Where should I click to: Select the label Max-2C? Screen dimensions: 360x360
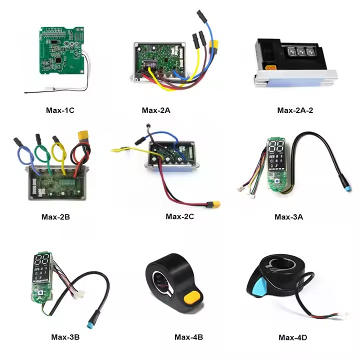coord(179,216)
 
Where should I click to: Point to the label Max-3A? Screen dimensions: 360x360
coord(289,217)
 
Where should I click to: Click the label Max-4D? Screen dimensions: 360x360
coord(293,337)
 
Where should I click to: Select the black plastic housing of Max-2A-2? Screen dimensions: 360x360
coord(270,52)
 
